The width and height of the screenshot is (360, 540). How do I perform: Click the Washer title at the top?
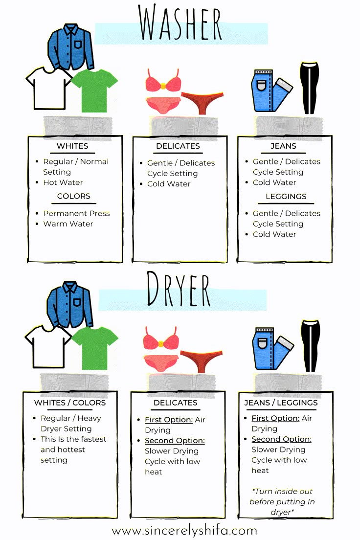tap(180, 23)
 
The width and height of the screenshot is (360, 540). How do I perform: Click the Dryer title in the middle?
tap(179, 290)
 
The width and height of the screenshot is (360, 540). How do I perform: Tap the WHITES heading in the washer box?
tap(72, 146)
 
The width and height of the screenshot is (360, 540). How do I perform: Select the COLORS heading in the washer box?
tap(74, 196)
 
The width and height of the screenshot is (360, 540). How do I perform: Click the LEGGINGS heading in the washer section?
tap(286, 197)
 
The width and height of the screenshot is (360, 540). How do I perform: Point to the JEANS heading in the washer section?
tap(283, 146)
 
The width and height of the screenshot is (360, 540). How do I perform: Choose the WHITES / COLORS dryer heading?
tap(70, 403)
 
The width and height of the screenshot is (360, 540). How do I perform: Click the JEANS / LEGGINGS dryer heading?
tap(281, 403)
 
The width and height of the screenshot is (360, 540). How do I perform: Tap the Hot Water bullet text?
tap(63, 182)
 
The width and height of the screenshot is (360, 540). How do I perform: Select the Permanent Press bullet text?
tap(76, 213)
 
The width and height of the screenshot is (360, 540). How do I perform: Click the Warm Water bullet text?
tap(68, 224)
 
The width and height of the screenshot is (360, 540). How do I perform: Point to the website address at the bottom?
tap(184, 530)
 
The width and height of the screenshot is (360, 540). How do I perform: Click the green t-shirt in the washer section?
tap(95, 90)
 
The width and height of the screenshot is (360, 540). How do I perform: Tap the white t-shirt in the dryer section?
tap(48, 346)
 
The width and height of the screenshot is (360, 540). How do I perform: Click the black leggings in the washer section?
tap(309, 88)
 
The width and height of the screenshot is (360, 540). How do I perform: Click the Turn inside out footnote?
tap(282, 501)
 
